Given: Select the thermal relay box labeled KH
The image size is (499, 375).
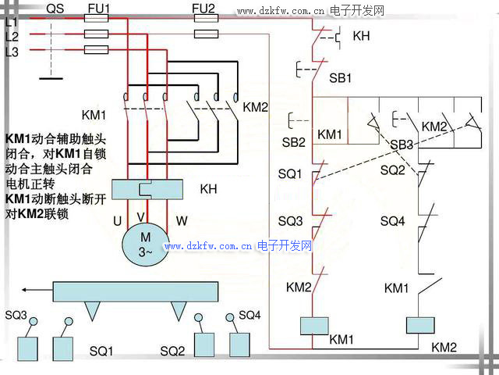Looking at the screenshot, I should [x=148, y=189].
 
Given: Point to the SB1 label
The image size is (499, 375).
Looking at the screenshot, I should [x=340, y=79].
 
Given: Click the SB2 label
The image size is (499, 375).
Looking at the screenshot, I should [x=294, y=142].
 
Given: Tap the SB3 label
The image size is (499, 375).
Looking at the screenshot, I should [x=402, y=145].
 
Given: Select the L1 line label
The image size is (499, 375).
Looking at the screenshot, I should [x=11, y=23].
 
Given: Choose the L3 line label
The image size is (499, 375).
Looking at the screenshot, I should [x=11, y=52].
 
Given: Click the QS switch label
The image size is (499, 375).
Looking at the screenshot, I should [x=56, y=9].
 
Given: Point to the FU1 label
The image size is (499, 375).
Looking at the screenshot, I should [x=99, y=9].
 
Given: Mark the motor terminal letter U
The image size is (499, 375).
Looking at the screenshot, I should [x=117, y=221].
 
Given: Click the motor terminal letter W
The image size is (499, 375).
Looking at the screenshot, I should [x=182, y=221].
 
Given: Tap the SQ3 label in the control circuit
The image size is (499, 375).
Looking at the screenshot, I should [x=290, y=221].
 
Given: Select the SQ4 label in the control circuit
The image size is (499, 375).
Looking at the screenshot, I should [x=392, y=221].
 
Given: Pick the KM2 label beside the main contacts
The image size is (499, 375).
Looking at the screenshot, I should [x=256, y=107].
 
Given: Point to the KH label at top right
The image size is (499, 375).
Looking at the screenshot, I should [x=361, y=36].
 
